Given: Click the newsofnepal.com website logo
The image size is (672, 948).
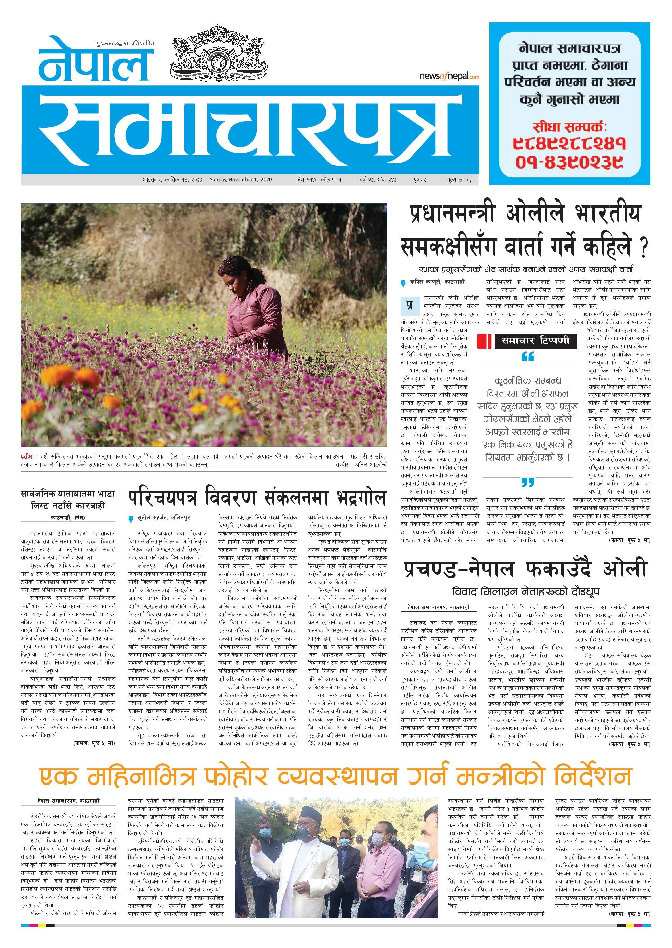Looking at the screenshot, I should tap(449, 76).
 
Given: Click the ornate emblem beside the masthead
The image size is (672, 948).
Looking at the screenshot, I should tap(217, 52).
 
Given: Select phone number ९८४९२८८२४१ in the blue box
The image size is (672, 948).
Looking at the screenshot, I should tap(569, 143).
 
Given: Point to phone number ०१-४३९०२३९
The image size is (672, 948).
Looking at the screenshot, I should tap(569, 162).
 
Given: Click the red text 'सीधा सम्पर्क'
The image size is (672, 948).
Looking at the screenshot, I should tap(569, 126).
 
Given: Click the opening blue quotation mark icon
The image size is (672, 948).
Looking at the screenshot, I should tap(528, 356).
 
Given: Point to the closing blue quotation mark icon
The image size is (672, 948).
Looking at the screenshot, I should tap(528, 482).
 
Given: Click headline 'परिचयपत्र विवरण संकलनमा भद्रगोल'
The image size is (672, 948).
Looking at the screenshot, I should tap(257, 498).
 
